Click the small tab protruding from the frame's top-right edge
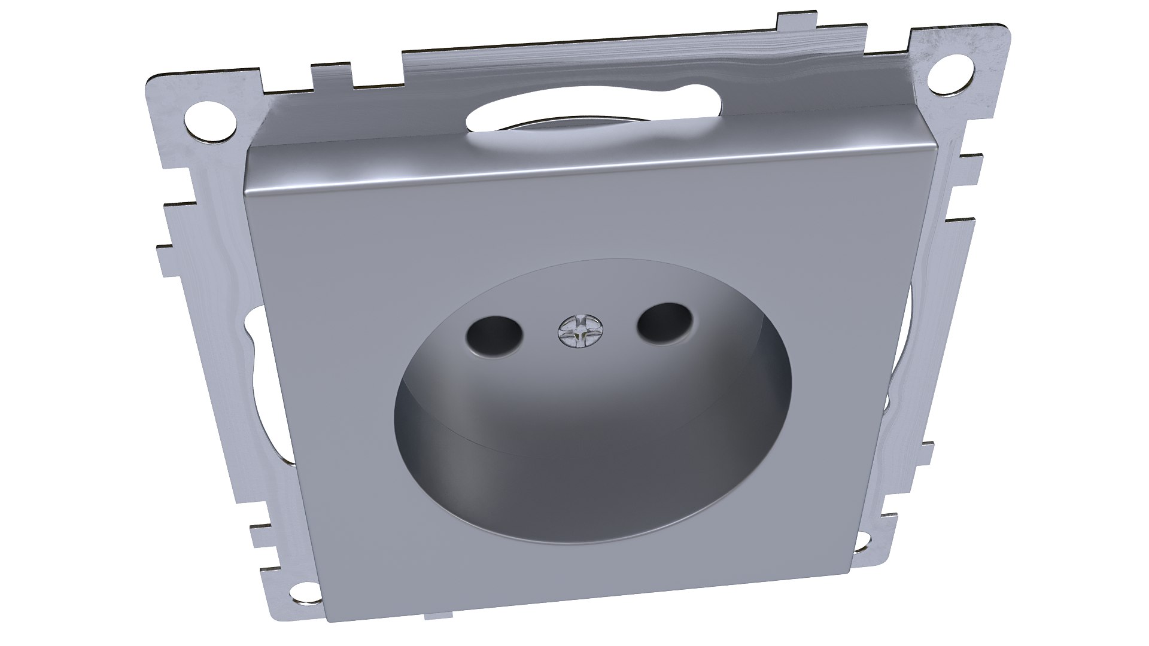pos(789,22)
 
